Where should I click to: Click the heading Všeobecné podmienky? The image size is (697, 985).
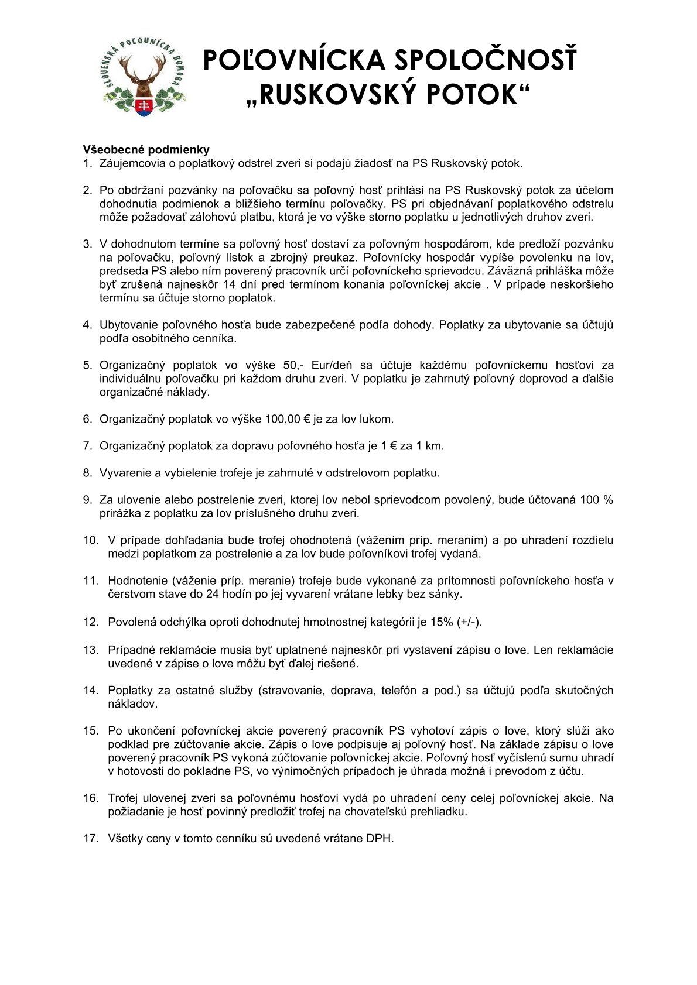[x=146, y=150]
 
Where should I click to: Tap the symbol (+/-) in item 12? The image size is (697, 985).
[x=469, y=622]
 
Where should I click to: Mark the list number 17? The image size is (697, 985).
[x=91, y=839]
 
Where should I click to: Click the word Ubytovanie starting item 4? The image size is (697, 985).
[x=129, y=325]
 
